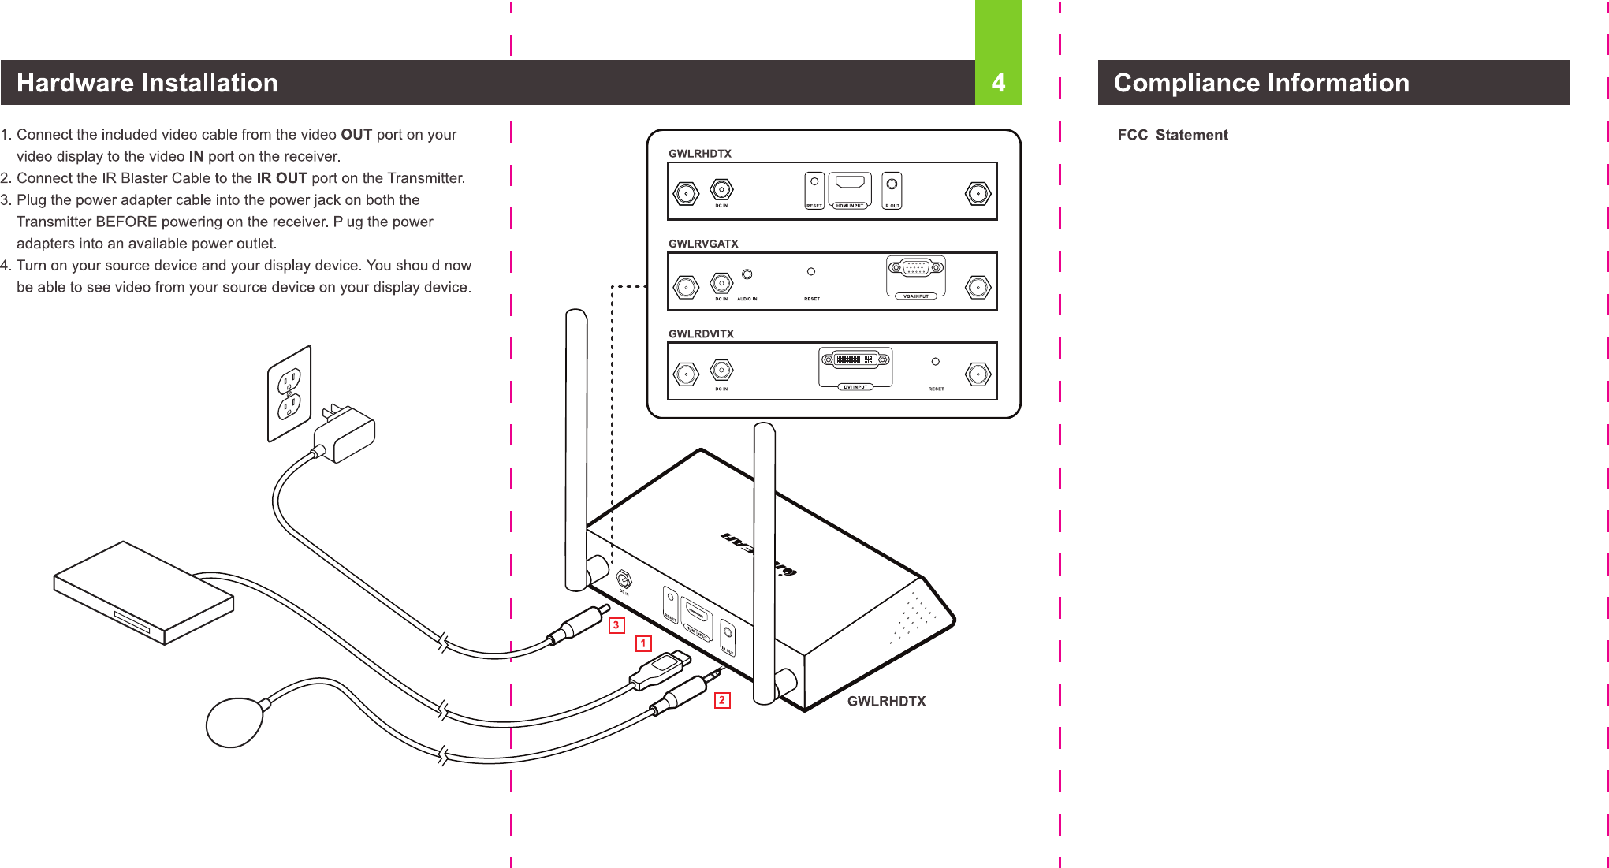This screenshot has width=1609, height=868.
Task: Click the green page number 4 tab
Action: tap(998, 82)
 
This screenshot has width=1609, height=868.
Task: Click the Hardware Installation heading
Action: tap(147, 83)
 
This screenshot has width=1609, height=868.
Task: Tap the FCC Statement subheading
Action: tap(1172, 135)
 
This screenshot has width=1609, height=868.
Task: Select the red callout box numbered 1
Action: tap(643, 644)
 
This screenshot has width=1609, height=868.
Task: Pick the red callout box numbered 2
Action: tap(721, 700)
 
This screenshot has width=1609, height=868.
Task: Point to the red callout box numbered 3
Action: tap(616, 625)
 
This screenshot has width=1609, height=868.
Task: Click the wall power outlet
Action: tap(289, 393)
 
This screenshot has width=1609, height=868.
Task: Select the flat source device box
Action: tap(143, 591)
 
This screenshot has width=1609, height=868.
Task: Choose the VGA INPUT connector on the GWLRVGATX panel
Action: tap(915, 268)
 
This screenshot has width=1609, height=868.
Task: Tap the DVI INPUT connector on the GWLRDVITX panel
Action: tap(856, 360)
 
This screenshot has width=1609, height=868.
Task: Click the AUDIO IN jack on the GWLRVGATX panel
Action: tap(747, 274)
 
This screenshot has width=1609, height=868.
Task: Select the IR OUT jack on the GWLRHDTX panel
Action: tap(892, 184)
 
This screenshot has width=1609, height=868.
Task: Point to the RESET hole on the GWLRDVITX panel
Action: tap(935, 362)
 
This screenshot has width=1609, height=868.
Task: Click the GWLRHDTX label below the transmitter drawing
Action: tap(886, 701)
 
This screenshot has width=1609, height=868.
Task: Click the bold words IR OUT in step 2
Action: tap(281, 178)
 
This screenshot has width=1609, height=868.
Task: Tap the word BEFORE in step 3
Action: tap(126, 222)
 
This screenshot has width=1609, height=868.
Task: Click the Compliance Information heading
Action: tap(1261, 83)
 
